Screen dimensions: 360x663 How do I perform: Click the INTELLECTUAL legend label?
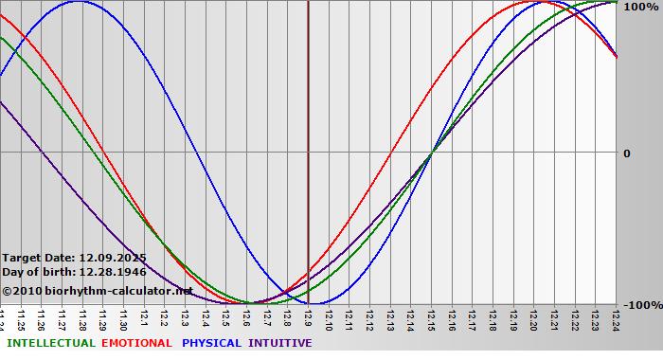point(50,343)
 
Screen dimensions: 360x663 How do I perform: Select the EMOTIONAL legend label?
point(136,343)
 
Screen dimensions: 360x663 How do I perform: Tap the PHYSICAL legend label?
point(212,343)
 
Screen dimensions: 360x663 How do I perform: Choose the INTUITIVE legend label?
point(279,343)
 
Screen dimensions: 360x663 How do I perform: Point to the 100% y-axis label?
point(640,7)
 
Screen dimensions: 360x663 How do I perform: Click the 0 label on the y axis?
point(626,153)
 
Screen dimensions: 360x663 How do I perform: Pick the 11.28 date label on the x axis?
point(82,317)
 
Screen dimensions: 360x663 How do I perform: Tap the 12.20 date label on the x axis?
point(533,317)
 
